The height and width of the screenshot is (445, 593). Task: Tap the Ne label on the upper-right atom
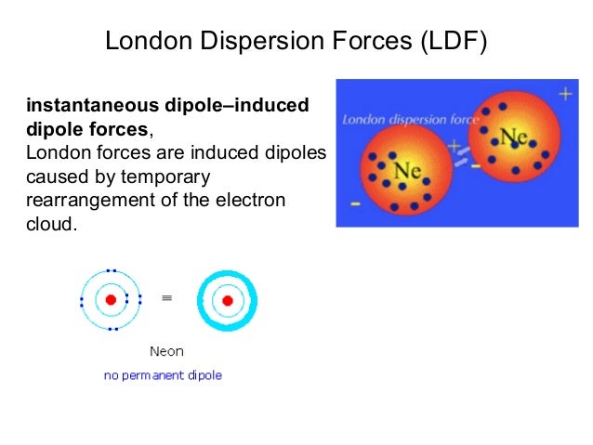[x=513, y=137]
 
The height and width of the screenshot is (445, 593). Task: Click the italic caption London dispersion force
[x=410, y=120]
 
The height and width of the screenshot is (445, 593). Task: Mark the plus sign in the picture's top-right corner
[x=564, y=94]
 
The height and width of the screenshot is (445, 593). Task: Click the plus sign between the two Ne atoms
[x=454, y=146]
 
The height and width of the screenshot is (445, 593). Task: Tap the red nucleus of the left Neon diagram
[x=110, y=299]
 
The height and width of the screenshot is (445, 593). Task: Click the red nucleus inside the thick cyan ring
[x=227, y=299]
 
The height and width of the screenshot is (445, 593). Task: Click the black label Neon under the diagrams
[x=166, y=351]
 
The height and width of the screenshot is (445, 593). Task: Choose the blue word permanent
[x=163, y=375]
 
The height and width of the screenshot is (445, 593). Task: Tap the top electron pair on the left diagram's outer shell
[x=110, y=271]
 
